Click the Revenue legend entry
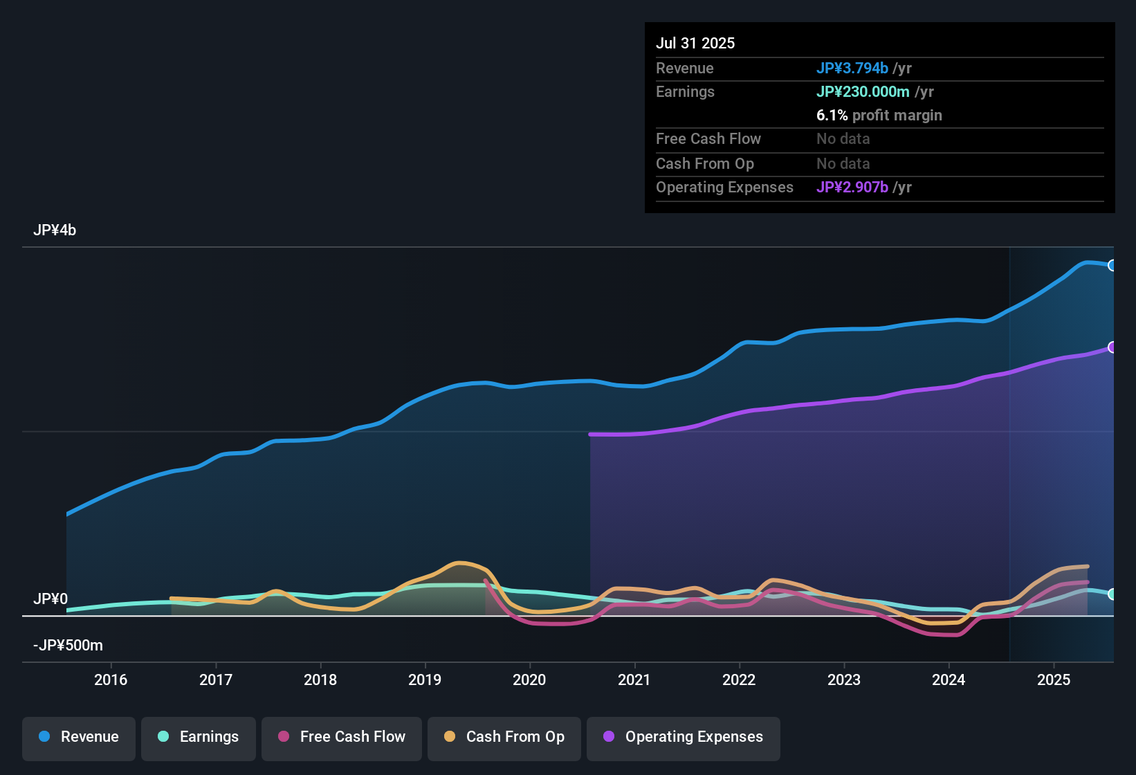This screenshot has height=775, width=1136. (79, 737)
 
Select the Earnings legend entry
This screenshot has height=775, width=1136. (199, 737)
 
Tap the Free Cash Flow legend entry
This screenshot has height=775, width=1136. (342, 737)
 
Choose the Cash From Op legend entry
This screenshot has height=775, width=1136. (504, 737)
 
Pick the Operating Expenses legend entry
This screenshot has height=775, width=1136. (684, 737)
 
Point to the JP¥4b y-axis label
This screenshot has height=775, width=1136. (55, 230)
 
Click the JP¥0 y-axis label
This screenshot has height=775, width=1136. (51, 599)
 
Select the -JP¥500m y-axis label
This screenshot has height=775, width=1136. (68, 646)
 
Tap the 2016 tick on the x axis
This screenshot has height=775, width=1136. (111, 680)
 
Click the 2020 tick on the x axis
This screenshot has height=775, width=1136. (529, 680)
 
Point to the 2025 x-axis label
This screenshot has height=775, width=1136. (1054, 680)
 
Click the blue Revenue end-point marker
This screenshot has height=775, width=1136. (1112, 266)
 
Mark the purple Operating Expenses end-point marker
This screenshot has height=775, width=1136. (1112, 347)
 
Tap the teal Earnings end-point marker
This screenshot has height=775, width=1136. (1112, 594)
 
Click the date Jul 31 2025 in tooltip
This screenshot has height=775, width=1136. (695, 43)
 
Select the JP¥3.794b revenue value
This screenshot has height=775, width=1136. (852, 68)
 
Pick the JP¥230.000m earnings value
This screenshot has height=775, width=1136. (863, 91)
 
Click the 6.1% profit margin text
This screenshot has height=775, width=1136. (879, 116)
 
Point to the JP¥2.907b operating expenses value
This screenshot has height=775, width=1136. (852, 188)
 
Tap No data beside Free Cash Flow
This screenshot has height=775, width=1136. (843, 139)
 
